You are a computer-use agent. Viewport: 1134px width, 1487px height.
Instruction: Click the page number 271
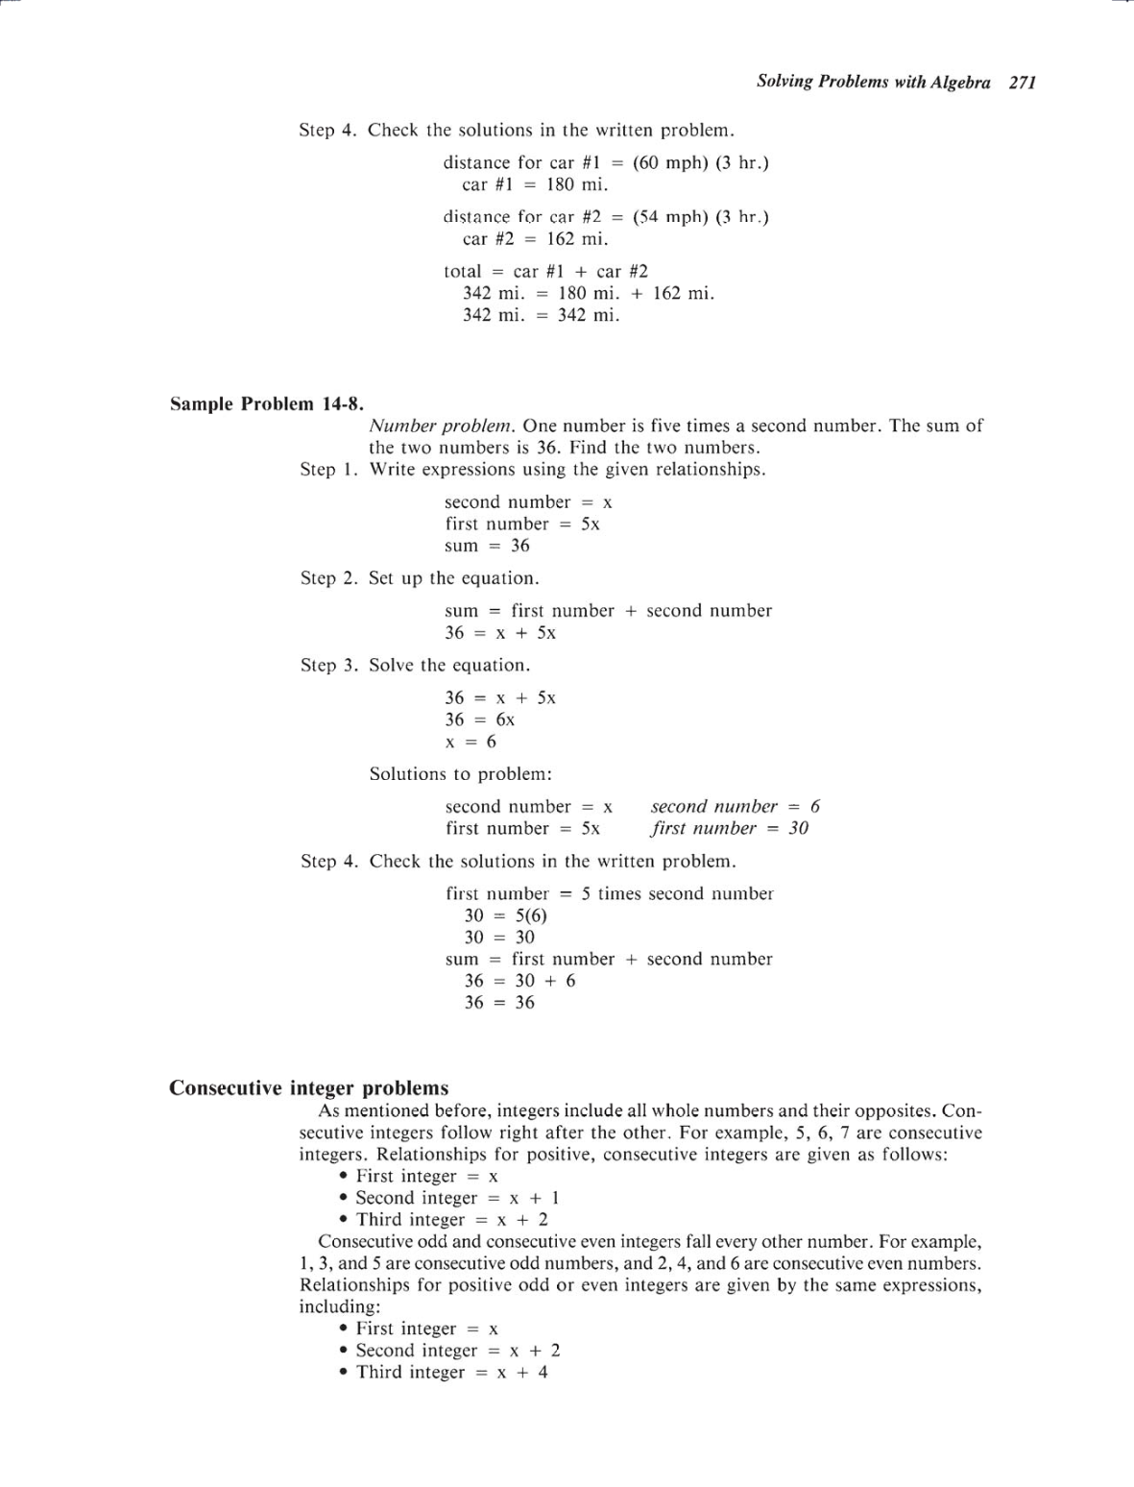(x=1023, y=83)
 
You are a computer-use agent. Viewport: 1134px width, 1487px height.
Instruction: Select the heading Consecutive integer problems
(x=308, y=1087)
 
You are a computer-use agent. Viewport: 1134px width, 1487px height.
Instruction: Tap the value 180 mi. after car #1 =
(x=577, y=184)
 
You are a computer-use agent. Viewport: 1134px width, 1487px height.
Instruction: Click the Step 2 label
(x=328, y=578)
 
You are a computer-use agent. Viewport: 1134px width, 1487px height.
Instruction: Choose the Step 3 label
(x=328, y=665)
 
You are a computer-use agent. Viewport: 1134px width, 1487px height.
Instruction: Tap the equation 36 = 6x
(x=479, y=719)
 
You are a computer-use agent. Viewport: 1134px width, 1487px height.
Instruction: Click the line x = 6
(x=470, y=742)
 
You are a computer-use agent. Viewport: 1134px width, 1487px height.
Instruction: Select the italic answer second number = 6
(x=735, y=806)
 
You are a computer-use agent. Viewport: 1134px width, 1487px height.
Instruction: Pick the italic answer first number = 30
(x=729, y=828)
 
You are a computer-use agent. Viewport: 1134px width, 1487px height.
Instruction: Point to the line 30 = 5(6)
(x=505, y=915)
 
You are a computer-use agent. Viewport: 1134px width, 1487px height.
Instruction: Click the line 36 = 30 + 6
(x=519, y=981)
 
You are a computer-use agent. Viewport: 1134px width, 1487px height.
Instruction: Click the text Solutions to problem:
(x=460, y=774)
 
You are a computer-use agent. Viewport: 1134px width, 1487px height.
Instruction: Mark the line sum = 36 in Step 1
(x=487, y=546)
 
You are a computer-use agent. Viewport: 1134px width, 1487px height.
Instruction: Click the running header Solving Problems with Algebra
(x=873, y=83)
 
